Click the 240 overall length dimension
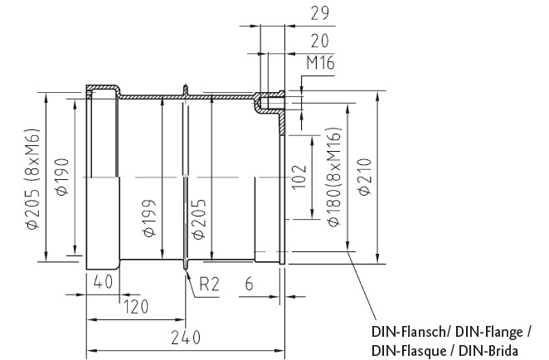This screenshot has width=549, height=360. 186,338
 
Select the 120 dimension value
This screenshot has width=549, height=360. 137,307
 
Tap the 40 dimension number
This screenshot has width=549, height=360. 103,281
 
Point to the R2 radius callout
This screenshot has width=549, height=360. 209,284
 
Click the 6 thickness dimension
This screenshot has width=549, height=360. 249,284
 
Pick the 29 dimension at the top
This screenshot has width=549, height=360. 320,13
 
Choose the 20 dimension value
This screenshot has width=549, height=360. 320,41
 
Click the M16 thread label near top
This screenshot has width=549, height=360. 320,63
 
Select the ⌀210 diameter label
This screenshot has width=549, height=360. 365,177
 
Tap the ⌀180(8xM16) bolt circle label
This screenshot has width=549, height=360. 334,178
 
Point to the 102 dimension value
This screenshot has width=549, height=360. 299,178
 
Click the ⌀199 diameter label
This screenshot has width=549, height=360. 150,218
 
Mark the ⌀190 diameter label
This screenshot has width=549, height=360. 62,177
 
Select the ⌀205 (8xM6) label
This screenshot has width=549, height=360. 33,179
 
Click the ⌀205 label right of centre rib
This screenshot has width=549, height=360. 199,219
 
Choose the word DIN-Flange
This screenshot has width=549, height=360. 490,332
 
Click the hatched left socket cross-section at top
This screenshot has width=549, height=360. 104,87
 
